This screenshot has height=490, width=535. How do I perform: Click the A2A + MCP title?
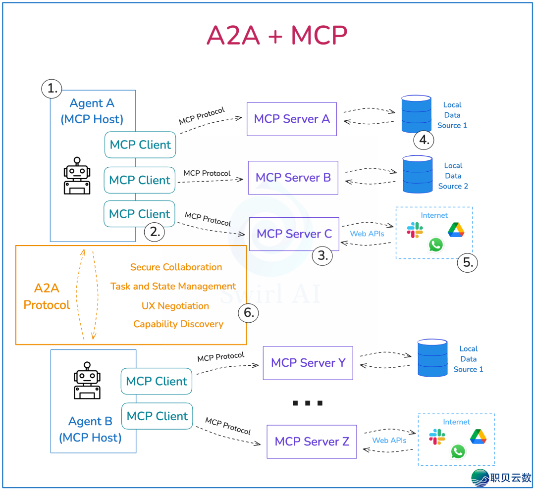[x=277, y=35]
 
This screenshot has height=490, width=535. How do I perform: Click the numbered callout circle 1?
[x=52, y=89]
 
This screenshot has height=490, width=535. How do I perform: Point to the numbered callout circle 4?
[x=424, y=140]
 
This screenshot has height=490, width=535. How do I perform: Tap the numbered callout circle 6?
[x=248, y=313]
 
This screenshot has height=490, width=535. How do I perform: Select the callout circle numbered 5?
[x=468, y=262]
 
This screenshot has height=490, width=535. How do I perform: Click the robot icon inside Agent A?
[x=77, y=176]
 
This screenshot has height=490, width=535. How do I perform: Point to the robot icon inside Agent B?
[x=87, y=381]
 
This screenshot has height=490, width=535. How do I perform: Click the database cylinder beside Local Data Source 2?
[x=418, y=174]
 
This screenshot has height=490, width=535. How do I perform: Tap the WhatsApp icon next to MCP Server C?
[x=436, y=245]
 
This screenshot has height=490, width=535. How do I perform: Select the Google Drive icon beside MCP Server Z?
[x=479, y=437]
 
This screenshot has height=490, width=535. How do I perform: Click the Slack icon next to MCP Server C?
[x=415, y=230]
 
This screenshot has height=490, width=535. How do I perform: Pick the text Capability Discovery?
[x=178, y=324]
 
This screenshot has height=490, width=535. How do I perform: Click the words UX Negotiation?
[x=175, y=306]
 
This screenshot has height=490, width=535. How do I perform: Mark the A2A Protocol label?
[x=47, y=296]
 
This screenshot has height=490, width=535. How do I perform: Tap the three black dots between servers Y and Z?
[x=308, y=403]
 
